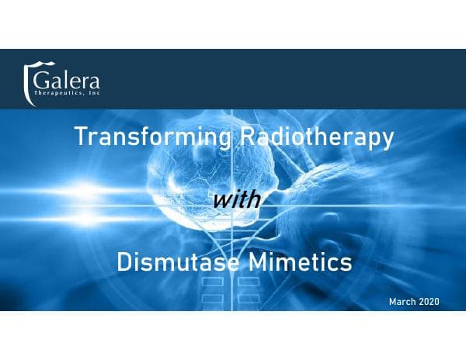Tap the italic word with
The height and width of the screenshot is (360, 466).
232,199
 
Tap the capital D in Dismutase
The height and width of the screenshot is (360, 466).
123,262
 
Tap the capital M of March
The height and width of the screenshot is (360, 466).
391,299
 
